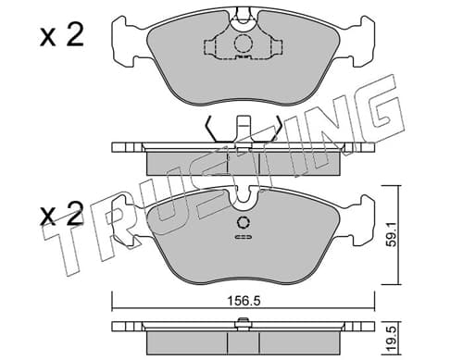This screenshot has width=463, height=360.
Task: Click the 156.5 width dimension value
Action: tap(244, 301)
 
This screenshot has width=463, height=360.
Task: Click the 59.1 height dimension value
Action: tap(392, 234)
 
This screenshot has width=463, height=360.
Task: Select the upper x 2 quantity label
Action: tap(62, 36)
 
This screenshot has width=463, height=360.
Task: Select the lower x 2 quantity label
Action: tap(62, 214)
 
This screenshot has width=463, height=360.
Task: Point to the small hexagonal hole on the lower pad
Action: tap(244, 222)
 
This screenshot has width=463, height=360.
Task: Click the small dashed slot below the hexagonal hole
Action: tap(244, 237)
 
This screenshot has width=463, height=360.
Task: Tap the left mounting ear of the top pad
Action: tap(123, 42)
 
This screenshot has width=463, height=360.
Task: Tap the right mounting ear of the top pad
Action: tap(362, 42)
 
